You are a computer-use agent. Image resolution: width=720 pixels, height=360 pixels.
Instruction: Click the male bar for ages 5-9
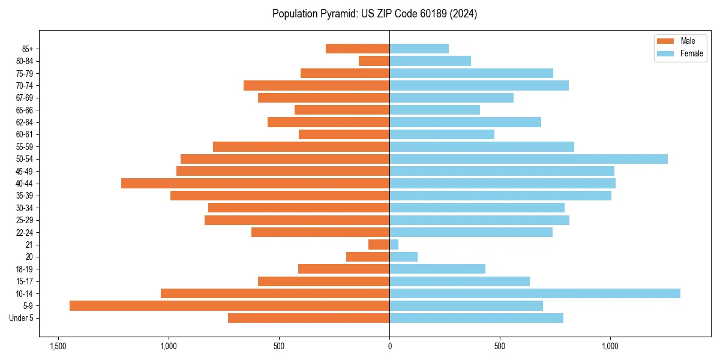(x=229, y=306)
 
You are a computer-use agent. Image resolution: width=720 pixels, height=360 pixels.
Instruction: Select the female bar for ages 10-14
(x=535, y=293)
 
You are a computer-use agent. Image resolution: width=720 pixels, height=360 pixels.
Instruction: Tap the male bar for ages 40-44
(x=255, y=183)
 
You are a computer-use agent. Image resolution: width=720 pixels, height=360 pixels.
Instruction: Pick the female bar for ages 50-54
(x=529, y=159)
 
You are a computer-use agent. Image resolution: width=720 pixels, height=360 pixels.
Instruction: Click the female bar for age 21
(x=394, y=245)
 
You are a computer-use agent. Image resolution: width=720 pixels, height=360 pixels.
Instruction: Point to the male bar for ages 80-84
(x=374, y=61)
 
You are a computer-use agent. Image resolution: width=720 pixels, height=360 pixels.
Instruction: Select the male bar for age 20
(x=368, y=257)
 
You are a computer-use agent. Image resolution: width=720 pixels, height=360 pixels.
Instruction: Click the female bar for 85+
(x=419, y=49)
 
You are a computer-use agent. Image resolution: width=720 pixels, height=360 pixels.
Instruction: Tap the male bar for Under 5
(x=308, y=318)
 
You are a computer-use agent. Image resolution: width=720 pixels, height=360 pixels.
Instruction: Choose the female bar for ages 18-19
(x=437, y=269)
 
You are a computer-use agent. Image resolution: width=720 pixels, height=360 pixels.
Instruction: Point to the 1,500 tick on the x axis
(x=58, y=347)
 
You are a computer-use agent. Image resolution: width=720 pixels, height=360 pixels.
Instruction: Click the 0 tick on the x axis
(x=389, y=347)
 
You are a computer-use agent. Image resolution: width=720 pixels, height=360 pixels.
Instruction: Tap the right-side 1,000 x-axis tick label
(x=610, y=347)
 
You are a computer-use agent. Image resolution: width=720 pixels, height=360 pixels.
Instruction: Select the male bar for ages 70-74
(x=316, y=85)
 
